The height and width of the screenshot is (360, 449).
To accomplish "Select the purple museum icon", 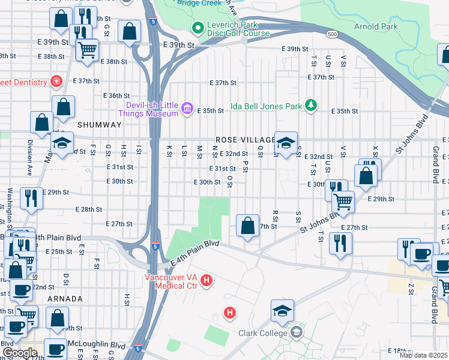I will (x=187, y=108).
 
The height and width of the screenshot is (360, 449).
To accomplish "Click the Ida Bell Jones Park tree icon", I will (x=310, y=106).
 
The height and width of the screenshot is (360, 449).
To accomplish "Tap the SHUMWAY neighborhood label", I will (x=99, y=125).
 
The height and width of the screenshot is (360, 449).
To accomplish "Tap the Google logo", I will (x=20, y=352).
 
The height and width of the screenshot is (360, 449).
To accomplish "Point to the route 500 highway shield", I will (x=331, y=35).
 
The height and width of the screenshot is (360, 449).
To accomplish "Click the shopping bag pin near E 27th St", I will (x=247, y=226).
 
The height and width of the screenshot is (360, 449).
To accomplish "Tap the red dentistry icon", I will (x=56, y=81).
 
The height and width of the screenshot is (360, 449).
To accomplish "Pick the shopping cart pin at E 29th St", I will (x=343, y=202).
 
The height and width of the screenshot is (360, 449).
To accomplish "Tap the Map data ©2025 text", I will (x=423, y=355).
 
